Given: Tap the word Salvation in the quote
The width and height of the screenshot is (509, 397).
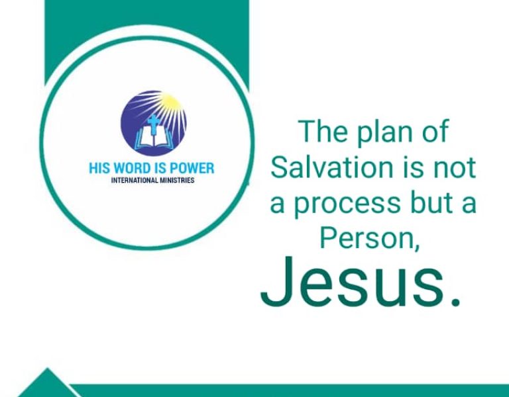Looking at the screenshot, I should [x=327, y=167].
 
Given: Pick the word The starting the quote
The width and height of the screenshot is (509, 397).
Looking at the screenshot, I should [x=321, y=131].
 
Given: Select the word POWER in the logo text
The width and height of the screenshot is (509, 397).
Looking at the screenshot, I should [x=192, y=168].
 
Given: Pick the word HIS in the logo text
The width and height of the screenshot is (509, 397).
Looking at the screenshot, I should [x=99, y=168].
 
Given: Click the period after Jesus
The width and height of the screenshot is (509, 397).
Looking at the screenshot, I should [x=454, y=302].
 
